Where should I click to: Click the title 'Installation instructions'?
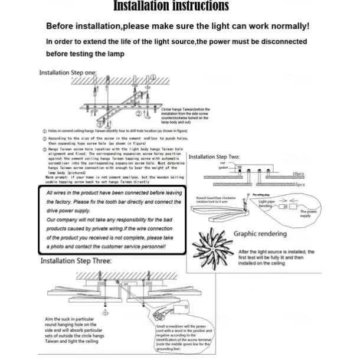click(x=171, y=6)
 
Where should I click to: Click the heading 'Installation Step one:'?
click(x=68, y=73)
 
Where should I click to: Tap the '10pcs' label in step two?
click(x=298, y=174)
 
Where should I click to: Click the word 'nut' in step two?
click(x=222, y=163)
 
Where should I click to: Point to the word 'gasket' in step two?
click(x=222, y=168)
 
